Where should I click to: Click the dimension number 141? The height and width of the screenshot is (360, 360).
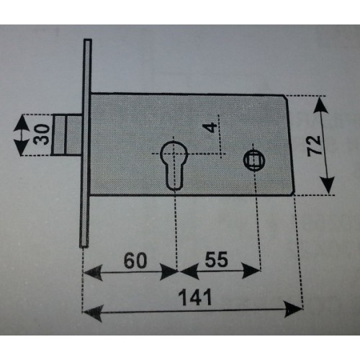click(x=196, y=297)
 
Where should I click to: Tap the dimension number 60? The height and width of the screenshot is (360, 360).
click(x=135, y=261)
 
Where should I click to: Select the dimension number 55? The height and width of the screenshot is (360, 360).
click(x=216, y=259)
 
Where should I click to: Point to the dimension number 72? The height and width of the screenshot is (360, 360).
click(x=315, y=145)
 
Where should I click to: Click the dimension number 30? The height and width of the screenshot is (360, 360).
click(x=41, y=135)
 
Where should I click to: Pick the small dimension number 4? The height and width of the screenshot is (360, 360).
click(x=209, y=127)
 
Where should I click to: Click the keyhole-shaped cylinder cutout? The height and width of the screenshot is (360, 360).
click(x=174, y=165)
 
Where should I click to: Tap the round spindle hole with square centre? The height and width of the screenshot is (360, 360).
click(x=253, y=160)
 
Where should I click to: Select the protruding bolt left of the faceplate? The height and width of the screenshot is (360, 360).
click(x=66, y=135)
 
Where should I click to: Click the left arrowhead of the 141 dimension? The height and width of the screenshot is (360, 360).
click(x=93, y=313)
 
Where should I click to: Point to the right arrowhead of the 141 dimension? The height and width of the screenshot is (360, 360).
click(x=293, y=309)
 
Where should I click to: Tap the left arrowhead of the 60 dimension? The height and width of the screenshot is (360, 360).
click(x=93, y=273)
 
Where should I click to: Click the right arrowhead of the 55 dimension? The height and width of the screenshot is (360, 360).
click(x=251, y=271)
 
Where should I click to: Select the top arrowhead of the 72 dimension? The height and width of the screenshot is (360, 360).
click(x=320, y=105)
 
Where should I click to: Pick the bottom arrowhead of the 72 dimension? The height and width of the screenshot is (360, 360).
click(x=328, y=185)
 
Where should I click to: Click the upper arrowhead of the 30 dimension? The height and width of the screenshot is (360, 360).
click(x=22, y=123)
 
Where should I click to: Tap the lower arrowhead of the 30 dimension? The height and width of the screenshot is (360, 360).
click(x=22, y=147)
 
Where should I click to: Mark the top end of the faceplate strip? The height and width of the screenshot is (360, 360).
click(x=88, y=40)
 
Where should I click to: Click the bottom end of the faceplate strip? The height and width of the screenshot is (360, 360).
click(x=84, y=246)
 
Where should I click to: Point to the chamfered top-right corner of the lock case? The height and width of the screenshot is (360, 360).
click(x=286, y=97)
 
